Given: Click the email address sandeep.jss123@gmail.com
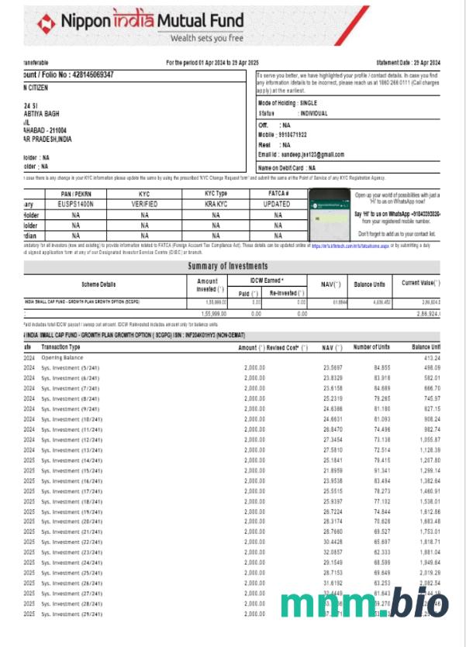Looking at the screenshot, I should [312, 155].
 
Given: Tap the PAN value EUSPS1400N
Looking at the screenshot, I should [77, 204].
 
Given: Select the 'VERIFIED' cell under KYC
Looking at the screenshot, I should [144, 204].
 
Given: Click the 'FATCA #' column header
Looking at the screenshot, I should [278, 194].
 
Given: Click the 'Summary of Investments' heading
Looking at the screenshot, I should [230, 267].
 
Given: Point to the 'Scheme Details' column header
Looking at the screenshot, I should [98, 284].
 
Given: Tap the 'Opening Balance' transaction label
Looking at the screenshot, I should [63, 358].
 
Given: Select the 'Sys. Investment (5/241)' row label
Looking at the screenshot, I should [71, 368].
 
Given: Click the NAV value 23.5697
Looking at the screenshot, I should [333, 368].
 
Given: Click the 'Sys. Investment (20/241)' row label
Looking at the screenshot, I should [72, 521].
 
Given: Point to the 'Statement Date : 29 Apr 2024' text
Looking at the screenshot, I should [408, 62].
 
